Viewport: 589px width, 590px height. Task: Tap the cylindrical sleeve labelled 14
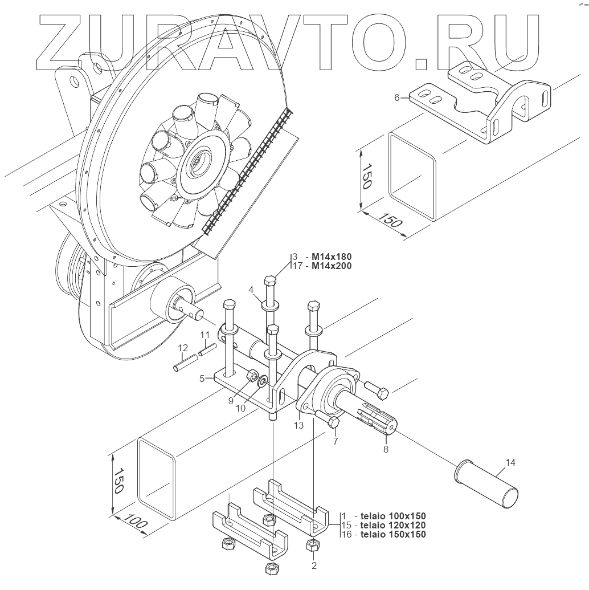tap(487, 484)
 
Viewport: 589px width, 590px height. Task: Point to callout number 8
tap(386, 449)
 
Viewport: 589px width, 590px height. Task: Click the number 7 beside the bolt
tap(336, 441)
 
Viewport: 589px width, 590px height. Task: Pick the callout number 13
tap(298, 425)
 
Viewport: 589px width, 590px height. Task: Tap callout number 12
tap(183, 348)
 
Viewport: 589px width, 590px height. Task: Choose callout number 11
tap(205, 335)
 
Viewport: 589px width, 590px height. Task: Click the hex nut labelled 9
tap(250, 376)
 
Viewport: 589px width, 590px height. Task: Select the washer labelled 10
tap(263, 381)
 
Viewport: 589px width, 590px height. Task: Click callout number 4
tap(251, 290)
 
